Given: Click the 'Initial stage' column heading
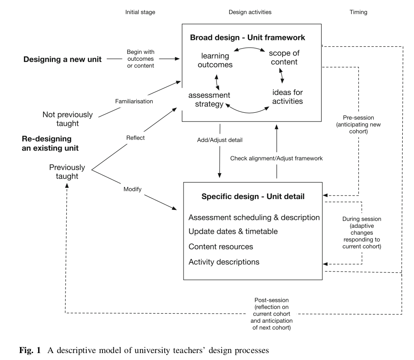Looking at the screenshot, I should click(140, 12).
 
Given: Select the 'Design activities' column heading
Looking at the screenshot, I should click(250, 12).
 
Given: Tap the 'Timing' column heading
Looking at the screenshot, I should click(358, 12).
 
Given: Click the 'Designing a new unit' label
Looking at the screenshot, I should click(62, 59).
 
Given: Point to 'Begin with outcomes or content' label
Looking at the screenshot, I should click(140, 59).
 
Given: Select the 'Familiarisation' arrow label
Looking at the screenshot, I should click(134, 101).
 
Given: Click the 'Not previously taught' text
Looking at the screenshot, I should click(67, 119).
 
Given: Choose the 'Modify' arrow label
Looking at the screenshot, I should click(133, 189).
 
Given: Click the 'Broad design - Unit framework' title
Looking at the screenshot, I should click(247, 38).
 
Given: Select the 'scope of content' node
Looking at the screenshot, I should click(284, 57).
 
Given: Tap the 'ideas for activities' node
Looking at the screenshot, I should click(287, 97).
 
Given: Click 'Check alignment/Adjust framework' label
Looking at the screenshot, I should click(276, 158).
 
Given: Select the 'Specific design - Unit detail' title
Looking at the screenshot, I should click(253, 196).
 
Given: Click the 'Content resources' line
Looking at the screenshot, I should click(221, 246).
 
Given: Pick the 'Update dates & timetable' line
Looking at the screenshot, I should click(233, 232).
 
